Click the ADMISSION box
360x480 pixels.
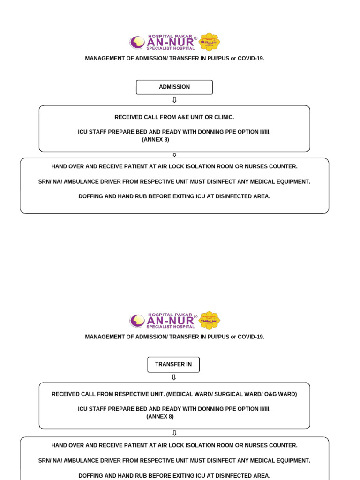click(x=174, y=87)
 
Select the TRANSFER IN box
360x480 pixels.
click(x=173, y=364)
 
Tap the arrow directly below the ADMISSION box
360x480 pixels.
click(x=174, y=100)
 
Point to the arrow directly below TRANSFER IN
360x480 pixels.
click(x=174, y=377)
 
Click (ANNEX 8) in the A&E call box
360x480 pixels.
click(x=156, y=139)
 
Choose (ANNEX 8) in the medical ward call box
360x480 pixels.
click(x=160, y=416)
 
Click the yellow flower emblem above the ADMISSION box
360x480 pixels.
click(x=210, y=42)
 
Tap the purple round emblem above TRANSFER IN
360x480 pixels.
click(x=138, y=321)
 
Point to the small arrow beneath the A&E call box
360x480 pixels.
click(x=174, y=155)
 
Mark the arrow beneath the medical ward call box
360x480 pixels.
click(x=174, y=433)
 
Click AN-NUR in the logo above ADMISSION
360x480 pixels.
click(x=171, y=43)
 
